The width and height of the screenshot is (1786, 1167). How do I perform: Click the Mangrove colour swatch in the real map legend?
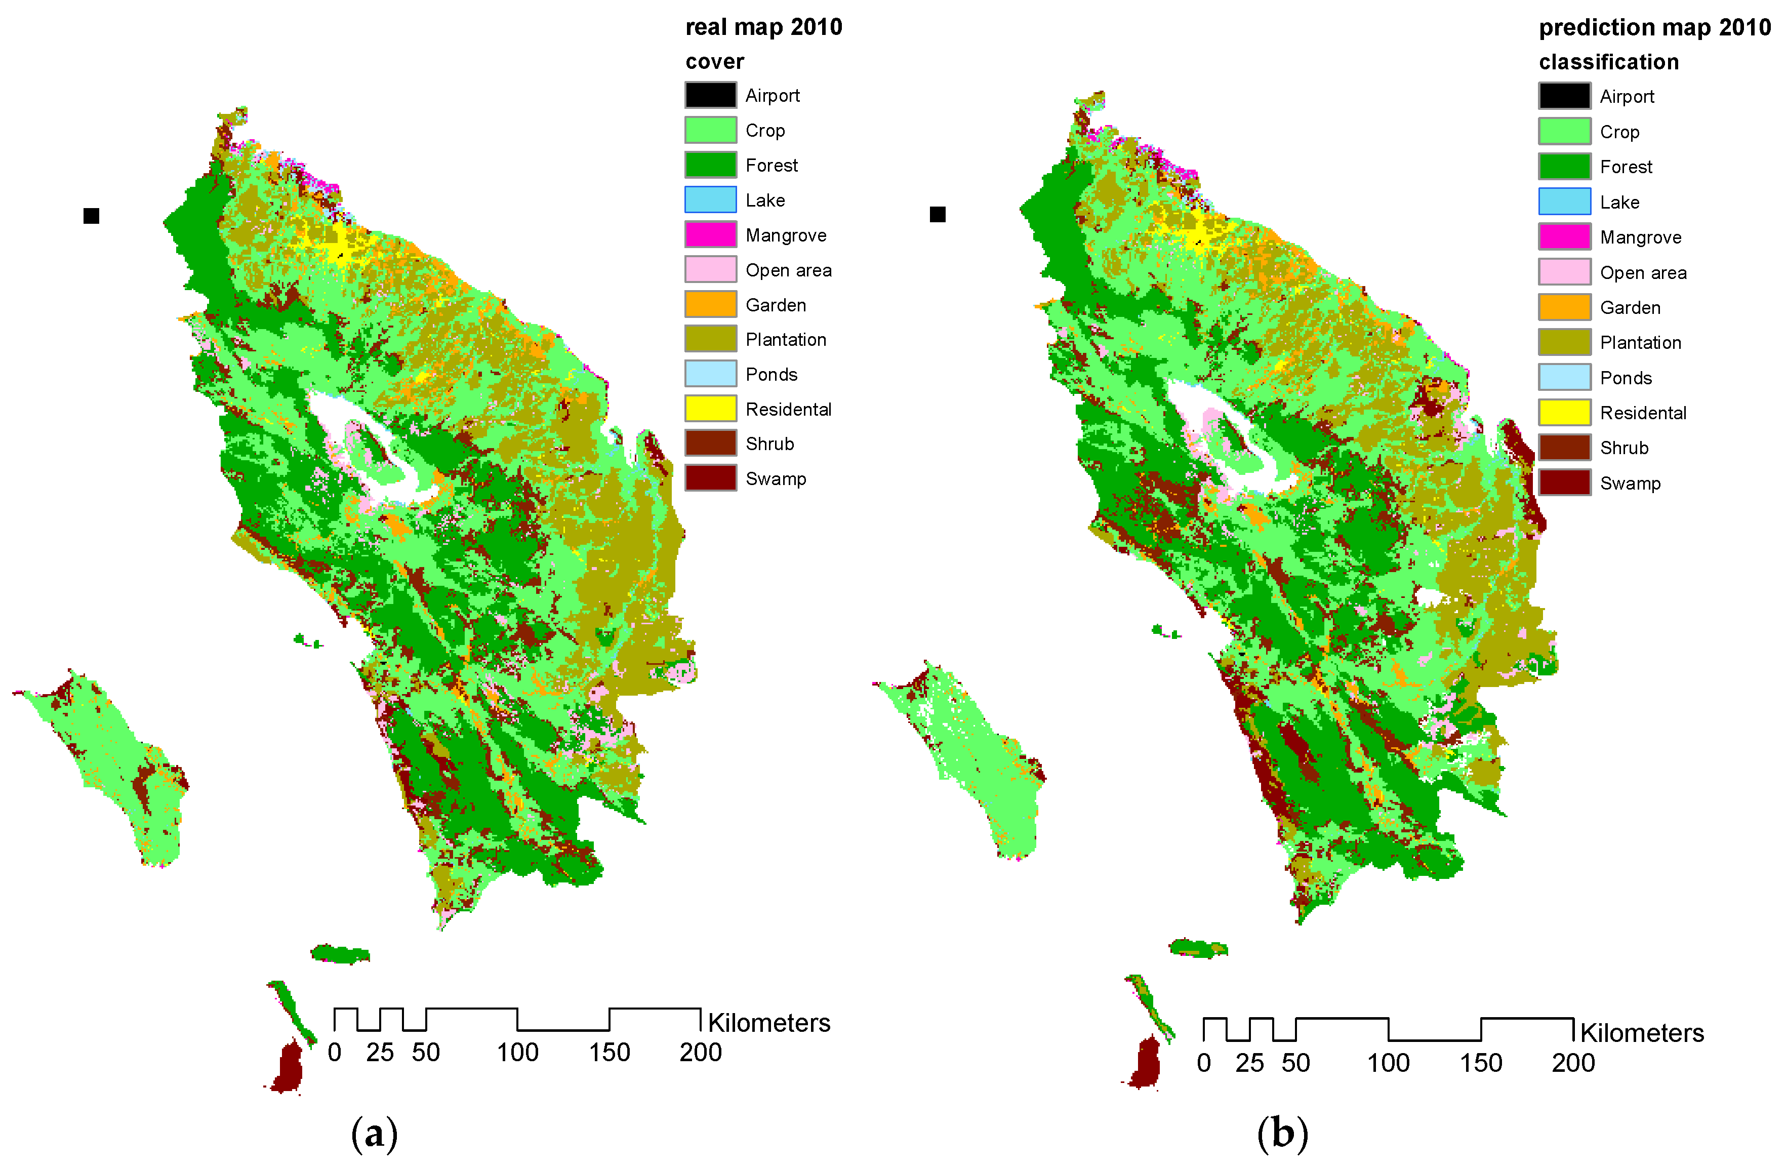pos(710,235)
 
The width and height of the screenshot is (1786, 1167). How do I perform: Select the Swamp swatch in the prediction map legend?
pos(1564,482)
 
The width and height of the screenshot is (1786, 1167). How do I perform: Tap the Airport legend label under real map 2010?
pos(772,95)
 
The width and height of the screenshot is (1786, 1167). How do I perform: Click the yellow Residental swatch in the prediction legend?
pos(1564,412)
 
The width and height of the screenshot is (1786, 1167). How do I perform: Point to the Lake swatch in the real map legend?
pos(710,199)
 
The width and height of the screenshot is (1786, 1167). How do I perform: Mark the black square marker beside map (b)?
pos(937,215)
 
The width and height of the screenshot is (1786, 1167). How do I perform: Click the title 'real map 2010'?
pos(763,27)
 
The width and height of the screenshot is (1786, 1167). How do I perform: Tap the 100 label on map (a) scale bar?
pos(517,1052)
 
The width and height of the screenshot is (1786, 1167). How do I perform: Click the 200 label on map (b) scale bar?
pos(1573,1063)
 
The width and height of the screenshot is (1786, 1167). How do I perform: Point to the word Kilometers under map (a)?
pos(768,1023)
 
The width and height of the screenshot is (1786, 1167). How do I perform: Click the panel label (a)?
pos(374,1133)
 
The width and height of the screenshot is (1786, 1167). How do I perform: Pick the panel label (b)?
pos(1282,1133)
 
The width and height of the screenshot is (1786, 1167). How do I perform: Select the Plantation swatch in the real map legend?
pos(710,339)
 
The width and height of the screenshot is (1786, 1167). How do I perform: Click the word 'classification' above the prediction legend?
pos(1608,62)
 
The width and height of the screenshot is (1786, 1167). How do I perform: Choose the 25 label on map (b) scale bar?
pos(1249,1063)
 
